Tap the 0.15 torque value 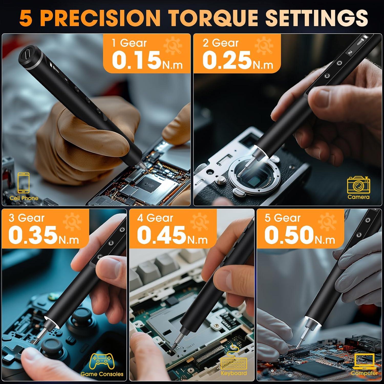click(136, 60)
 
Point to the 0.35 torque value click(32, 235)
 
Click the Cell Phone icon click(24, 183)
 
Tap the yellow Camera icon click(358, 185)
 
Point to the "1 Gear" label click(129, 43)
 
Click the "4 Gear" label click(155, 218)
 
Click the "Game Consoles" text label click(102, 374)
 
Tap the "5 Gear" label click(282, 218)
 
